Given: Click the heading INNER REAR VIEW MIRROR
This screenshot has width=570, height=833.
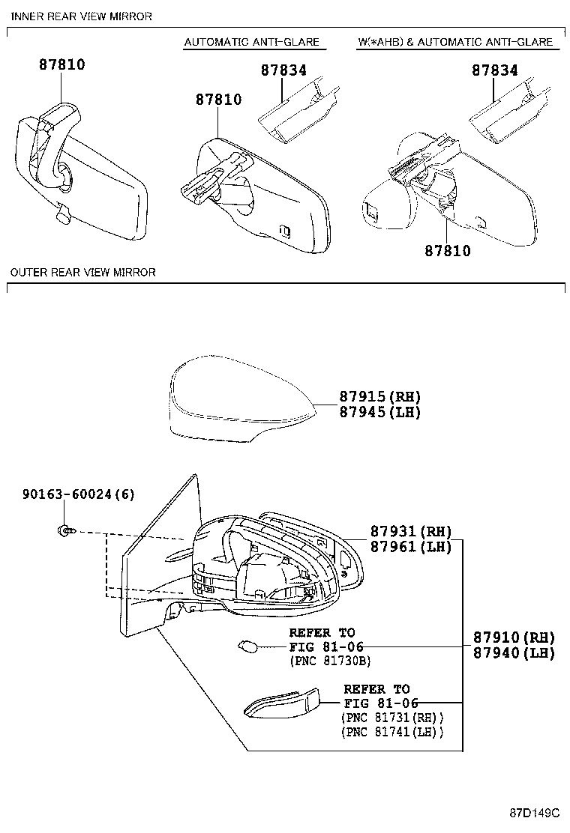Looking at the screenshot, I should pyautogui.click(x=81, y=16).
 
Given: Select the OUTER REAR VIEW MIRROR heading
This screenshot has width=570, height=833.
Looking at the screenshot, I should pyautogui.click(x=82, y=272).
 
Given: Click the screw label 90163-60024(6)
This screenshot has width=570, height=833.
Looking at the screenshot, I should pyautogui.click(x=79, y=494).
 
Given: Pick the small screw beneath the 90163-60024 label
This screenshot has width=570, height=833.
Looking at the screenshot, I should pyautogui.click(x=64, y=531).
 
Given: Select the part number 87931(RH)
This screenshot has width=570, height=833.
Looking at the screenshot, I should pyautogui.click(x=411, y=531).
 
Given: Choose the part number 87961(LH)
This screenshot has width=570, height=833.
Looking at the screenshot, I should pyautogui.click(x=411, y=547).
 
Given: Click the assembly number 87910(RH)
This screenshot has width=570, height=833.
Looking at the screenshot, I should pyautogui.click(x=514, y=637).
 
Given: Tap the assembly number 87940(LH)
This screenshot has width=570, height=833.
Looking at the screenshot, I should pyautogui.click(x=514, y=653).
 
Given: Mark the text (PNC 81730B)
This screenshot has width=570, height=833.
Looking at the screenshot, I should pyautogui.click(x=330, y=661).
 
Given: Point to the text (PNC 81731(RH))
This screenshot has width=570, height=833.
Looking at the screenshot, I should pyautogui.click(x=392, y=717).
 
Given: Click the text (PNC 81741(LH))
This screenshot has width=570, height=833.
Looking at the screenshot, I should pyautogui.click(x=392, y=731).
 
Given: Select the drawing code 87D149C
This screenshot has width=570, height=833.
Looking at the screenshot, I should pyautogui.click(x=535, y=813).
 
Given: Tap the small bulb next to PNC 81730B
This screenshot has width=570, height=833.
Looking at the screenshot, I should pyautogui.click(x=247, y=645).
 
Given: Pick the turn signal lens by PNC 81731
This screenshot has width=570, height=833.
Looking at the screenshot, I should pyautogui.click(x=283, y=703).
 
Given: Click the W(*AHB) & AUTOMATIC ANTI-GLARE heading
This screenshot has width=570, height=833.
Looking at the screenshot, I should pyautogui.click(x=455, y=42).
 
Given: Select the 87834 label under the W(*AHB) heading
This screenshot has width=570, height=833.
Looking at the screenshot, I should pyautogui.click(x=494, y=70).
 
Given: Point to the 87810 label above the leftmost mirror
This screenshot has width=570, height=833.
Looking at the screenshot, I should pyautogui.click(x=61, y=65).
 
